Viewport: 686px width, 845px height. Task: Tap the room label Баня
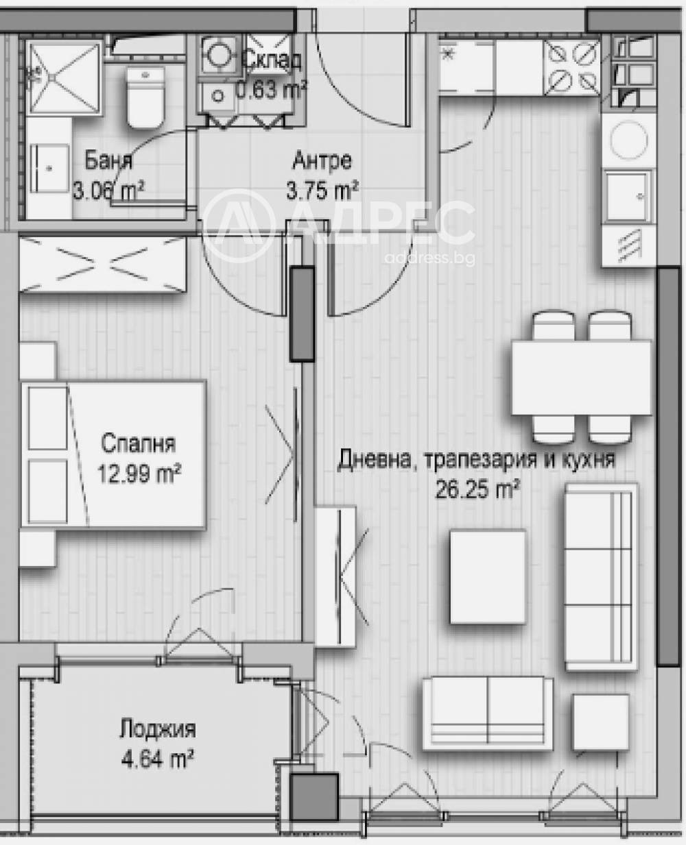pos(108,162)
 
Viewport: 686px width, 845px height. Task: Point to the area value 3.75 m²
pos(322,190)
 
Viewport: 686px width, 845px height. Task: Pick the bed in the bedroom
pos(113,454)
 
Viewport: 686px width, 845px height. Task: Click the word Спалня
pos(138,443)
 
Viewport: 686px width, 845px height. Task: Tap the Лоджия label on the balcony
pos(157,728)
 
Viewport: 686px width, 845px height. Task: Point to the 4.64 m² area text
pos(157,759)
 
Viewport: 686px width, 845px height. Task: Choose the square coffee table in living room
pos(488,577)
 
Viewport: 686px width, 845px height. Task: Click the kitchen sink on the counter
pos(627,195)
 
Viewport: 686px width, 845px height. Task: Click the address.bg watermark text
pos(429,258)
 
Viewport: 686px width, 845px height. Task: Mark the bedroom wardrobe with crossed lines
pos(103,263)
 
